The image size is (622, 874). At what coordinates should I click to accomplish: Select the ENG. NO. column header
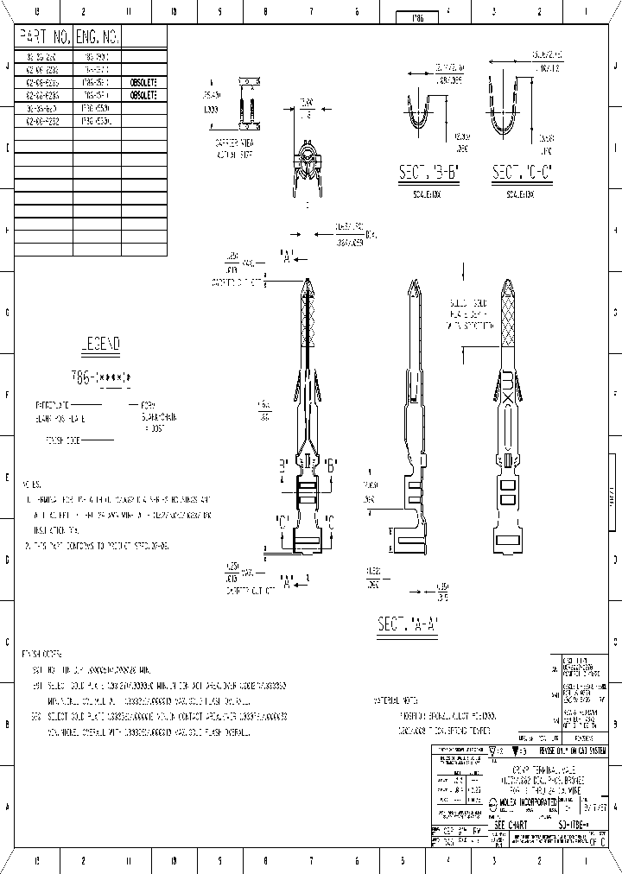point(98,37)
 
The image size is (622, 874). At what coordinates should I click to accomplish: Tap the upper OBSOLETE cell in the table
point(143,83)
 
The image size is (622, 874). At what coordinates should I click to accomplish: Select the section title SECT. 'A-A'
point(408,624)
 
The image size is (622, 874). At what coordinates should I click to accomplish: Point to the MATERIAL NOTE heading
point(398,700)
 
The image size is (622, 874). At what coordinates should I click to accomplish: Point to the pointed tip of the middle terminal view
point(413,286)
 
